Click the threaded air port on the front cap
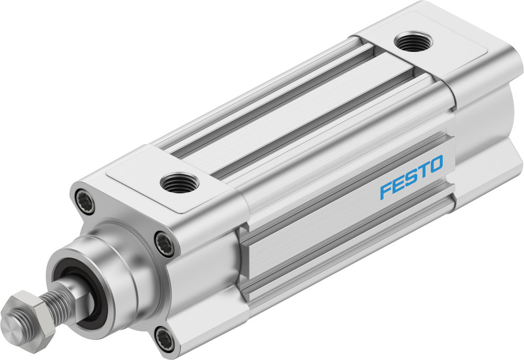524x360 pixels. (179, 183)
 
